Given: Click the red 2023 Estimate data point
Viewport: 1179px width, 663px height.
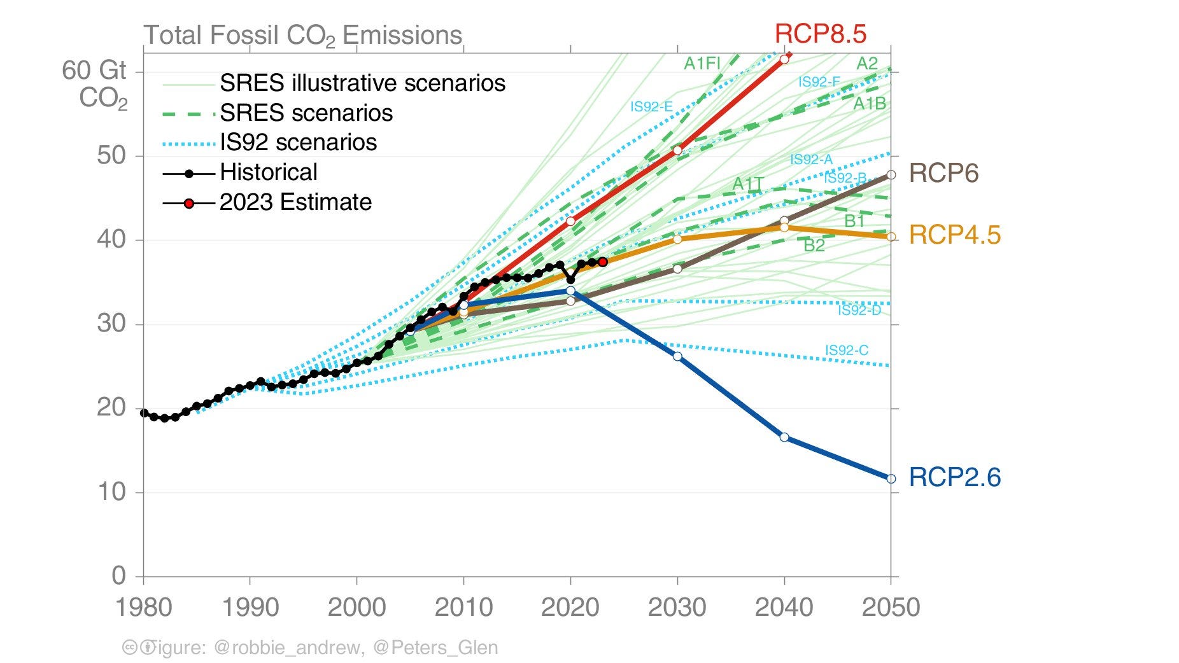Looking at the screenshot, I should pos(603,262).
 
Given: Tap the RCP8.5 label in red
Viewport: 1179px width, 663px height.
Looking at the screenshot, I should pos(820,33).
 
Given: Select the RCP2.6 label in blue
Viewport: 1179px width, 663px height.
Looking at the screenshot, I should pos(954,477).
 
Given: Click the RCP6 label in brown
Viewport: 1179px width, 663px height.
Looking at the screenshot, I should pos(943,173).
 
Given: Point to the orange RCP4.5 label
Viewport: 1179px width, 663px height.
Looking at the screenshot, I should pos(954,235).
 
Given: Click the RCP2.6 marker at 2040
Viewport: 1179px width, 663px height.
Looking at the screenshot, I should pos(784,437).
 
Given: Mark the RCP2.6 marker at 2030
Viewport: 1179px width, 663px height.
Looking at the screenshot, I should pos(677,356).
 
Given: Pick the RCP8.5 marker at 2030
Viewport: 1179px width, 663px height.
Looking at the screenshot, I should pos(677,150).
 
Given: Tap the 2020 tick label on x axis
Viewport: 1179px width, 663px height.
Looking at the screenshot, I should pos(570,607).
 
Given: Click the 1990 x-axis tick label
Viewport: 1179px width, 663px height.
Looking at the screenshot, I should pos(250,607).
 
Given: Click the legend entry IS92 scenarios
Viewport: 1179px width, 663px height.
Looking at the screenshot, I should pos(298,142).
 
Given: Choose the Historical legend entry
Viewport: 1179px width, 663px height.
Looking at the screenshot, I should pos(268,172).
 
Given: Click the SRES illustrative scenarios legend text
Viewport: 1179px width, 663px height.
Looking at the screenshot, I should pos(362,83).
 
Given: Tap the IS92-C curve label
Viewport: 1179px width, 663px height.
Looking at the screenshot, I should pos(846,351).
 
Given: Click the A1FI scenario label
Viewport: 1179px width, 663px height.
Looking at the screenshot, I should pos(702,63).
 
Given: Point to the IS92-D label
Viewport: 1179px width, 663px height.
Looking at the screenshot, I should pos(859,310).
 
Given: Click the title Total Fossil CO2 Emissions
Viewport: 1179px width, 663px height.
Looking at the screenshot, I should pos(302,35).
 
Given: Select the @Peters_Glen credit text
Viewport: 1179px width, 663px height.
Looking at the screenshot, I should pos(435,647).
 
